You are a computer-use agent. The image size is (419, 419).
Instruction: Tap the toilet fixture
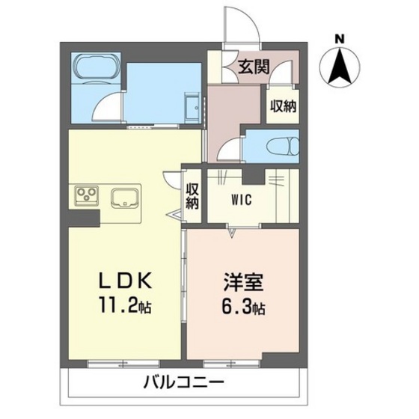[x=283, y=146]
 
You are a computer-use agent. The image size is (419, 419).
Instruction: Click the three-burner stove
[x=85, y=197]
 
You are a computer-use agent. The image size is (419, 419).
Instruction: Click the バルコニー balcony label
[x=184, y=382]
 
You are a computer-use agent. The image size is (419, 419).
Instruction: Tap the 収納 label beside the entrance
[x=283, y=106]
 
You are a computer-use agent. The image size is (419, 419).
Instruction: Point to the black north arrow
[x=339, y=66]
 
